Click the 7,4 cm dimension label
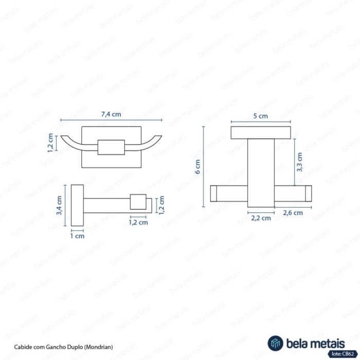coord(111,114)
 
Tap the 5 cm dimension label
coord(261,116)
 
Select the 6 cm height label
coord(197,167)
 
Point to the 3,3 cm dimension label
coord(299,162)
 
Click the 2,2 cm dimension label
coord(261,218)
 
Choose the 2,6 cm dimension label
coord(293,213)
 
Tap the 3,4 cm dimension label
coord(59,205)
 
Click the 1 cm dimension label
coord(77,236)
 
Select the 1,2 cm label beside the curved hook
coord(50,143)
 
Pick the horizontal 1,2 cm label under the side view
coord(138,222)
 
